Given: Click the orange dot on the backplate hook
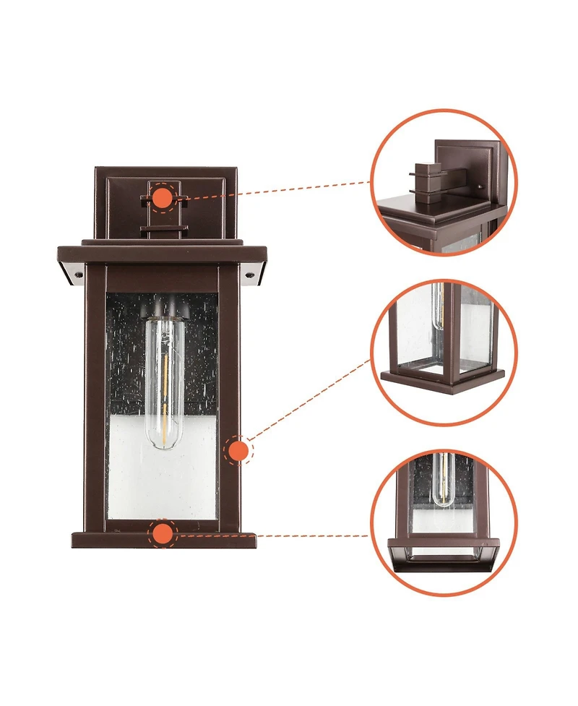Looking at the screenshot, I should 163,197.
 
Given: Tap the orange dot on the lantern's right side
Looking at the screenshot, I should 238,451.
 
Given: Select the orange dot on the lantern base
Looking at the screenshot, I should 163,534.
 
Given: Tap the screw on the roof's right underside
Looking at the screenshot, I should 250,275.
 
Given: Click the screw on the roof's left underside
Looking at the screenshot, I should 75,273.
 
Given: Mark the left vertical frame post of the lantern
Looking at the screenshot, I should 95,397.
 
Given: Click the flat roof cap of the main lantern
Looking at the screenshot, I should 163,254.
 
